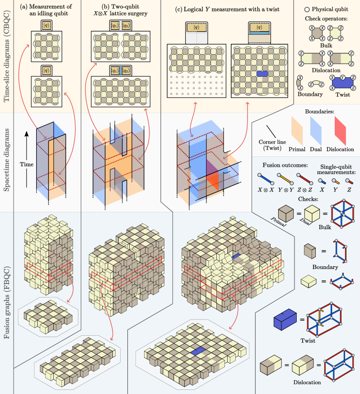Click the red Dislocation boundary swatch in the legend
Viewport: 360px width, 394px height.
click(x=340, y=131)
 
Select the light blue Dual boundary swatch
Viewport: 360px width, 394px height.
click(x=316, y=131)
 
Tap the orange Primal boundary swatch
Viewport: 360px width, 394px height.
click(x=297, y=131)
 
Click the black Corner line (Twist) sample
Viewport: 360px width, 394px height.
click(x=271, y=131)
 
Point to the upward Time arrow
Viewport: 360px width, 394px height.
click(x=27, y=159)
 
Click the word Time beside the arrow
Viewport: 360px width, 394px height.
click(x=27, y=164)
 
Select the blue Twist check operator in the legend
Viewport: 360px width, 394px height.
click(x=343, y=82)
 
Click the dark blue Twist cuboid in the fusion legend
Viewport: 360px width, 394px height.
click(x=285, y=319)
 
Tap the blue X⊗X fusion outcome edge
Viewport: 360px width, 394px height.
click(x=266, y=178)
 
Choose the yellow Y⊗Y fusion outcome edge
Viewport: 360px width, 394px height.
click(x=285, y=178)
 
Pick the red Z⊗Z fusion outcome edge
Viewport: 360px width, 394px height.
click(x=305, y=178)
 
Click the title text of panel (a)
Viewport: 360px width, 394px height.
click(x=46, y=10)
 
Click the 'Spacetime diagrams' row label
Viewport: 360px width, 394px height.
click(x=6, y=160)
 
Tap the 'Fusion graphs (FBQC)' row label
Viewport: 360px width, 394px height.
click(x=6, y=302)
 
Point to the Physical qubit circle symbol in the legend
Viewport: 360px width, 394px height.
click(x=307, y=9)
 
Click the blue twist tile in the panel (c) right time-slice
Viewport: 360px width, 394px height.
click(x=262, y=74)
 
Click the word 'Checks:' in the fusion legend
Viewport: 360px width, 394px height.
click(x=308, y=199)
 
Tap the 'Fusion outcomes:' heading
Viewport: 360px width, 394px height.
click(x=285, y=165)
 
